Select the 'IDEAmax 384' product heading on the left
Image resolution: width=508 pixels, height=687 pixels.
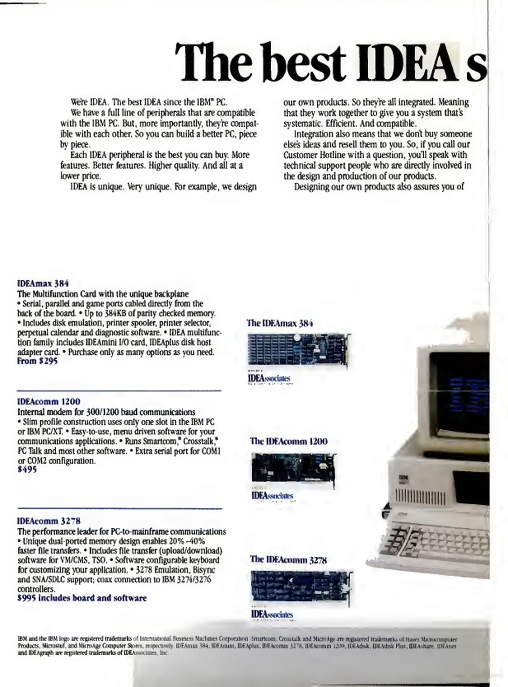click(x=43, y=283)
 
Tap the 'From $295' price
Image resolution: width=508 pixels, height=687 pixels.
click(x=37, y=361)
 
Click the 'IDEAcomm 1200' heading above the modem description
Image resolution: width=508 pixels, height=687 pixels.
click(x=49, y=401)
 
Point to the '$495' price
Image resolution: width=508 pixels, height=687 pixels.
click(x=27, y=469)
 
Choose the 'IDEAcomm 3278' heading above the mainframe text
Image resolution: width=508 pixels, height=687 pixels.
click(x=49, y=521)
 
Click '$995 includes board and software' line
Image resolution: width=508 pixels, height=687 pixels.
click(x=82, y=598)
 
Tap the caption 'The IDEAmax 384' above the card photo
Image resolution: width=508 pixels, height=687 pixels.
click(x=280, y=323)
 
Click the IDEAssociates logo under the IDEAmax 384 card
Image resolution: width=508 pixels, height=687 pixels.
click(x=269, y=378)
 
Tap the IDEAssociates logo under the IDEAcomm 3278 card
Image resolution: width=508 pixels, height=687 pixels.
click(x=272, y=614)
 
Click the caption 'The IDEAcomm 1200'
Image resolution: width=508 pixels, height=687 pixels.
click(x=289, y=441)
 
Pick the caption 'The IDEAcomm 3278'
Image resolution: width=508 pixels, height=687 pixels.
click(x=288, y=559)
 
